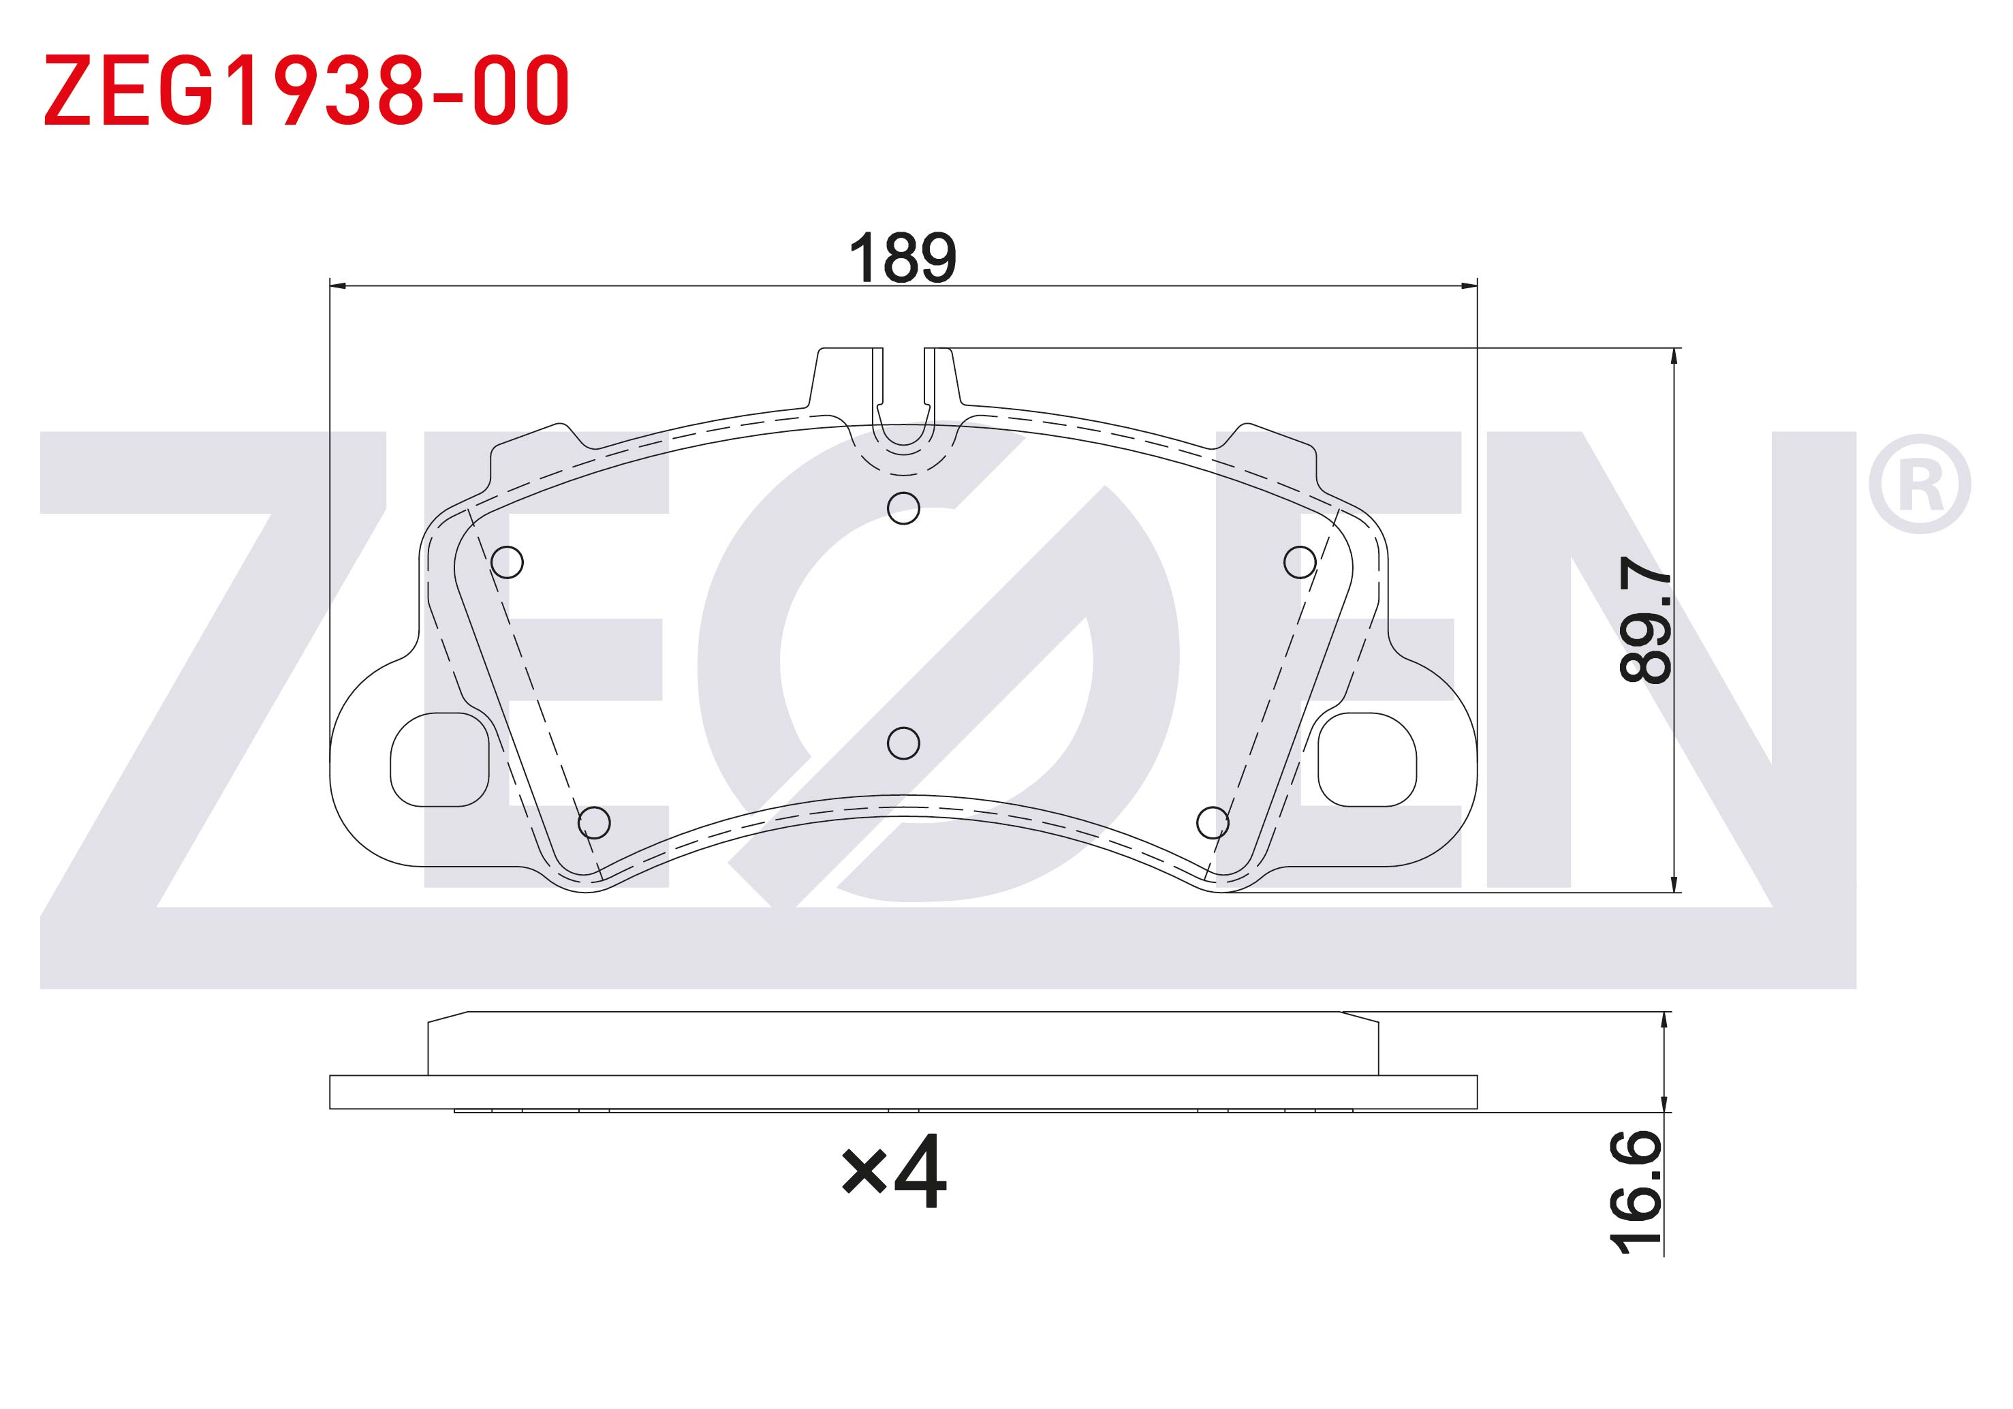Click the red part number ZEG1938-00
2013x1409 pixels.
click(307, 89)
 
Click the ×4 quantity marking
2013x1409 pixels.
click(893, 1171)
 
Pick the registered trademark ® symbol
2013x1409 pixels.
click(1920, 484)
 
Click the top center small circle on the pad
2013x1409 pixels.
click(903, 508)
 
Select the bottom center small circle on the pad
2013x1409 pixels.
click(903, 743)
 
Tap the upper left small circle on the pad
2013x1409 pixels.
click(507, 562)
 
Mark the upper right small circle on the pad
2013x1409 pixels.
click(1299, 562)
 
